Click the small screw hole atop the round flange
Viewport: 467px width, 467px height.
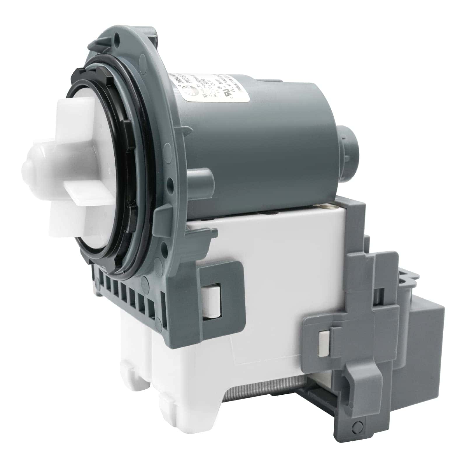[x=118, y=38]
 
